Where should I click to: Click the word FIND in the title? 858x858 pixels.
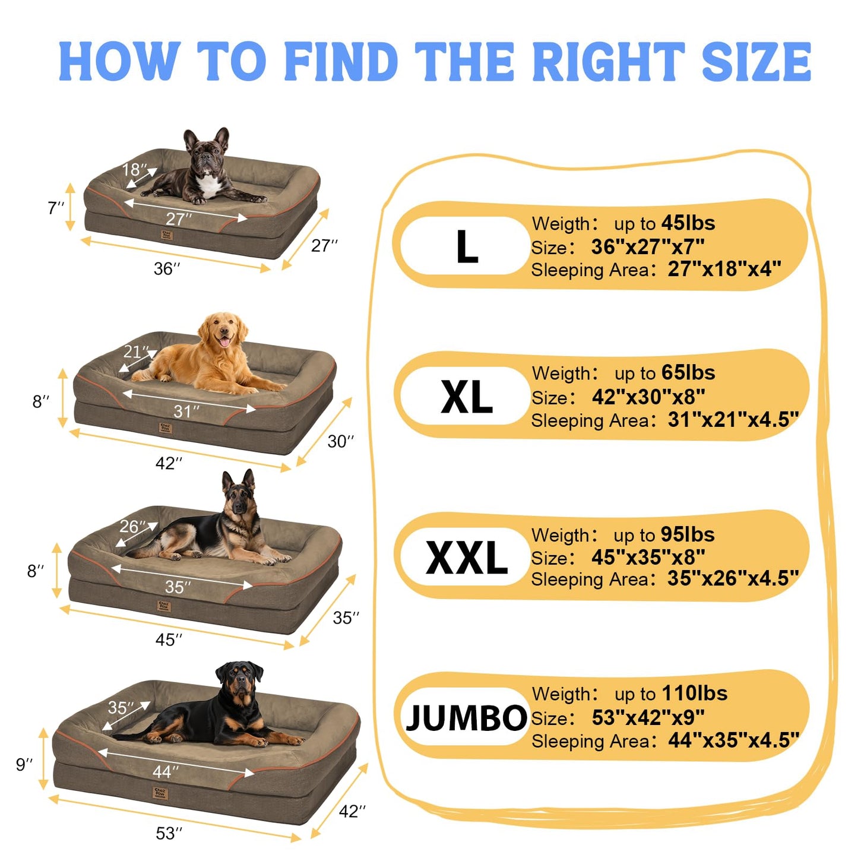(341, 61)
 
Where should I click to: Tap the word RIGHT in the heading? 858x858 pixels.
(609, 61)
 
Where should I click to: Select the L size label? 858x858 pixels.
(467, 246)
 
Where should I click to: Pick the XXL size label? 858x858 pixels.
(466, 558)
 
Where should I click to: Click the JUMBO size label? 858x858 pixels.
(466, 718)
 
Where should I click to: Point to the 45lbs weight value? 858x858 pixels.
(688, 223)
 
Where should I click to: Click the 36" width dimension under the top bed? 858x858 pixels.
(167, 269)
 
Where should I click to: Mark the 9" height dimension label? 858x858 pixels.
(24, 764)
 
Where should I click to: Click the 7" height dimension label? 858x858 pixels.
(56, 207)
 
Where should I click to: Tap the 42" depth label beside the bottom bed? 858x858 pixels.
(352, 811)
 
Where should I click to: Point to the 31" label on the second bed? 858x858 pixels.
(186, 411)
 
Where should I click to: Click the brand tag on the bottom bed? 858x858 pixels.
(160, 793)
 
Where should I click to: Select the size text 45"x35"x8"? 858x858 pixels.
(648, 557)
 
